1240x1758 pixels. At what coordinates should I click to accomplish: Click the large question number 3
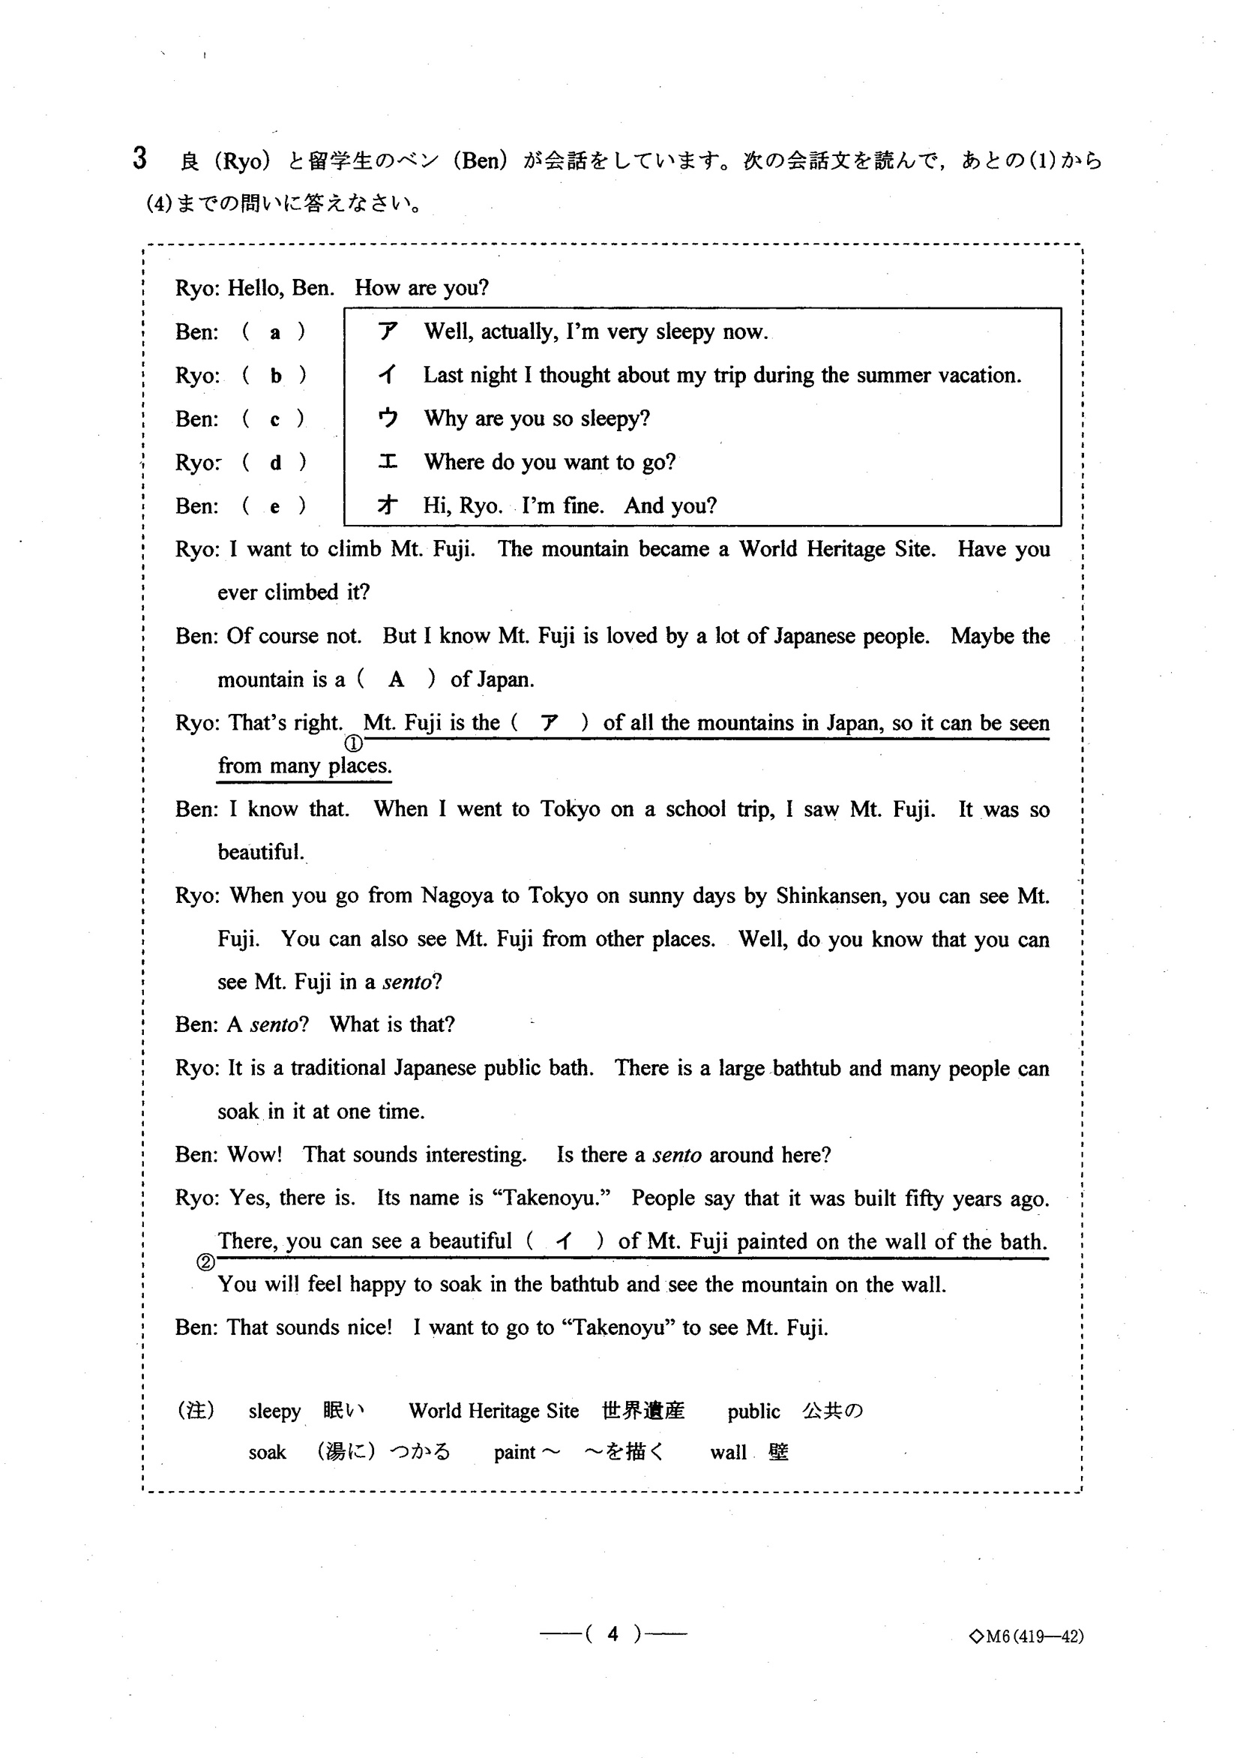pos(139,158)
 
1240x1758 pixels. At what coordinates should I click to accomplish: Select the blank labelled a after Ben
pos(275,332)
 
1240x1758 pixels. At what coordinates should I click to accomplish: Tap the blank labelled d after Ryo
pos(275,463)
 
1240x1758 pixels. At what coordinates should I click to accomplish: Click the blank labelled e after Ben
pos(275,506)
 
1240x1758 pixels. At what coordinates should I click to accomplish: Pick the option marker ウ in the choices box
pos(388,418)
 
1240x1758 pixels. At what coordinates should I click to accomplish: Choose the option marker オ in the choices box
pos(388,505)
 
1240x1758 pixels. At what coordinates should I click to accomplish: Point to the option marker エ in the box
pos(388,462)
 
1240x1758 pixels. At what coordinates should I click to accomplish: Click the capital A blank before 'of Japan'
pos(396,679)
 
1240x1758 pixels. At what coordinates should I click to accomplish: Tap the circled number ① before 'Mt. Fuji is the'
pos(354,742)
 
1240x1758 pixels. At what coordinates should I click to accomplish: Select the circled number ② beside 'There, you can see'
pos(205,1262)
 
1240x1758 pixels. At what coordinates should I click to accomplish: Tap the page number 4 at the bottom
pos(613,1634)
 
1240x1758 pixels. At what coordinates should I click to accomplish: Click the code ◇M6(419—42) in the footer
pos(1026,1636)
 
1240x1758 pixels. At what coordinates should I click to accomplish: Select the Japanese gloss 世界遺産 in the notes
pos(643,1411)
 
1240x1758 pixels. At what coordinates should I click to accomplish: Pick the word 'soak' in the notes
pos(267,1453)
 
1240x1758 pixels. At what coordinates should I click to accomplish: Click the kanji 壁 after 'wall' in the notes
pos(778,1452)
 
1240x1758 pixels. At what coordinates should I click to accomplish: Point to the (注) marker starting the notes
pos(196,1411)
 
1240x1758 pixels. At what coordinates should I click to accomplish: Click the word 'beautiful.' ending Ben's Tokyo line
pos(261,852)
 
